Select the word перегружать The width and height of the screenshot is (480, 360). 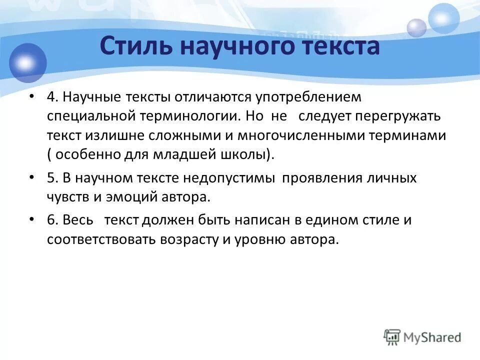[398, 116]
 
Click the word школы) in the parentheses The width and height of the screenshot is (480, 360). [247, 154]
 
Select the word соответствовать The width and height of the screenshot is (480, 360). [102, 239]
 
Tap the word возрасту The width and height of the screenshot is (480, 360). [189, 239]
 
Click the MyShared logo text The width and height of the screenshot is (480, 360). [433, 336]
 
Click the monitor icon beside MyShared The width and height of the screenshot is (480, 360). [392, 336]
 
